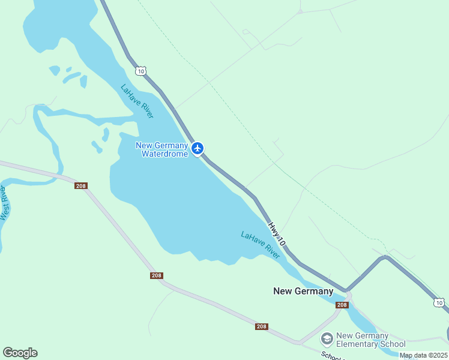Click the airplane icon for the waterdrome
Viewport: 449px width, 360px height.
coord(197,148)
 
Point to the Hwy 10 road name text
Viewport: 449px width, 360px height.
coord(277,233)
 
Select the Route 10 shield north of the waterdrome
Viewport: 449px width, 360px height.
coord(140,71)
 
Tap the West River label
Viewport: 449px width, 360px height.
coord(5,203)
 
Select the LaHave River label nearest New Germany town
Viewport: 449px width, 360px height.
coord(261,245)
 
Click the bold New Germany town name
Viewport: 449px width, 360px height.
coord(303,291)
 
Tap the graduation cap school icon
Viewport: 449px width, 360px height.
coord(327,339)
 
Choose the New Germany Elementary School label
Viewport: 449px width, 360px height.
coord(370,340)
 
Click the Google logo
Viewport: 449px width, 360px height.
coord(20,353)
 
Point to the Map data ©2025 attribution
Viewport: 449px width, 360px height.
coord(424,355)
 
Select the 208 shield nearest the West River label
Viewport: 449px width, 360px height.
coord(81,186)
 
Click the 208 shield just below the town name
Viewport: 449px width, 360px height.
coord(342,305)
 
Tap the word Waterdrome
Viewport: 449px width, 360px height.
coord(164,154)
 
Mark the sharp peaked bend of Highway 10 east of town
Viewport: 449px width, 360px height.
coord(385,258)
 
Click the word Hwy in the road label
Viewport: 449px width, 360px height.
coord(274,228)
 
